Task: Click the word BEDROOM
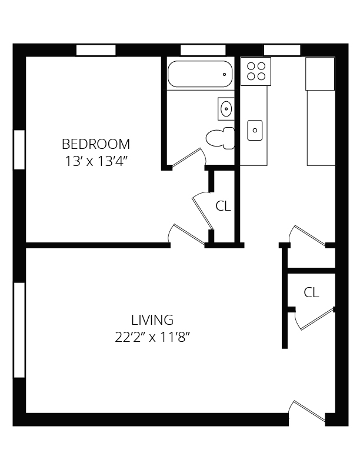click(x=96, y=144)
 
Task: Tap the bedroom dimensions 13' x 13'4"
click(x=96, y=161)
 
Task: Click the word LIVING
click(x=152, y=320)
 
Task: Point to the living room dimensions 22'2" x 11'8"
click(x=152, y=338)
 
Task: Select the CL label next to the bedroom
click(x=223, y=207)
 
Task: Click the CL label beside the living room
click(x=311, y=292)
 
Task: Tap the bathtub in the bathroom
click(x=200, y=75)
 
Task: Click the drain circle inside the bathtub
click(x=224, y=75)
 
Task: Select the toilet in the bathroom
click(x=219, y=138)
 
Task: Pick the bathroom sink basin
click(x=226, y=108)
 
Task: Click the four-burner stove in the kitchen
click(x=256, y=71)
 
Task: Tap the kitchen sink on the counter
click(x=255, y=130)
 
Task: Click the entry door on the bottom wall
click(x=307, y=411)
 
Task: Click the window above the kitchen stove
click(x=282, y=50)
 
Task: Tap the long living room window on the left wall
click(x=19, y=329)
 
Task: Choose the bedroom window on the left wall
click(x=19, y=149)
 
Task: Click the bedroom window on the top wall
click(x=96, y=50)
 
